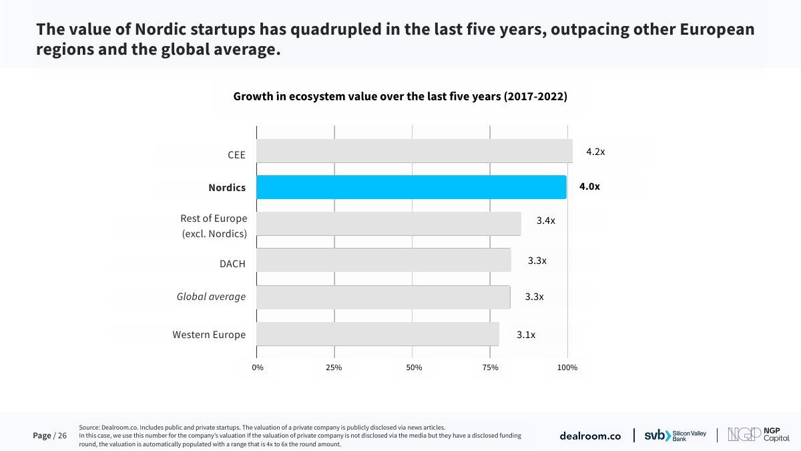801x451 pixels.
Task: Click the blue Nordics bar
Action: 411,187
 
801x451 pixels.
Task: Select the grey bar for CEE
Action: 414,151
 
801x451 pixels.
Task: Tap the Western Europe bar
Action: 377,334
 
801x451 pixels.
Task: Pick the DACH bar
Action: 383,261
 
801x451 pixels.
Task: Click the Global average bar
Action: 383,297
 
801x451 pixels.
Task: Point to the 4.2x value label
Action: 595,152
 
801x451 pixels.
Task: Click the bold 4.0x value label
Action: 589,187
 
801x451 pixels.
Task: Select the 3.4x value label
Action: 545,220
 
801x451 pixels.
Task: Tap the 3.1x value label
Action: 526,335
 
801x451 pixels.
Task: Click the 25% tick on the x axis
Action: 334,367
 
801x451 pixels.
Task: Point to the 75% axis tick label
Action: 490,367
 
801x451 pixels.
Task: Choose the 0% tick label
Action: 258,367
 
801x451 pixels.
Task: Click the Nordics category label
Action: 227,188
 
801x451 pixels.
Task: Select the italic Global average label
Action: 211,297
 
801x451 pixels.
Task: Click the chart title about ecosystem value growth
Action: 400,97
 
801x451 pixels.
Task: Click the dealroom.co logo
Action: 590,436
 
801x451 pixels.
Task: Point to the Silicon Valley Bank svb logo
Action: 675,435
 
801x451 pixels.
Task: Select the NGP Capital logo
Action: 758,435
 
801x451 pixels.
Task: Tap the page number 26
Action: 62,436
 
